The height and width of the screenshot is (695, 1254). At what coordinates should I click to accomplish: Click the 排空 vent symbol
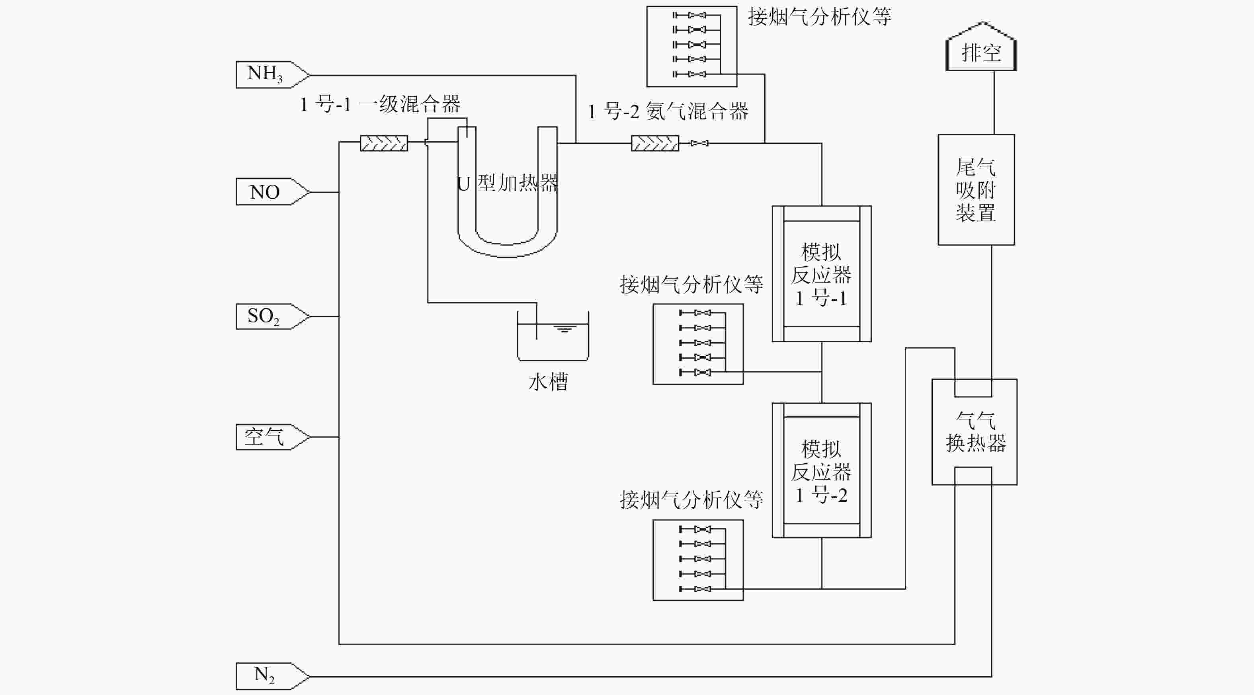(x=981, y=49)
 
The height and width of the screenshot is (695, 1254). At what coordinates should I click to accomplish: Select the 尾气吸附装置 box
(x=976, y=190)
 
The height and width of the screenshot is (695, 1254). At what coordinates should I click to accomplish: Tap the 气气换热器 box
(x=974, y=432)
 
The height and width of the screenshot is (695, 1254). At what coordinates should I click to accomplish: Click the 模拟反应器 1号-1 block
(x=821, y=274)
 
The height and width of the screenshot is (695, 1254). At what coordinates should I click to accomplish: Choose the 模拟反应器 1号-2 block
(x=821, y=470)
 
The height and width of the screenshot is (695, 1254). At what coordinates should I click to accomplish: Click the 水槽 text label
(x=548, y=382)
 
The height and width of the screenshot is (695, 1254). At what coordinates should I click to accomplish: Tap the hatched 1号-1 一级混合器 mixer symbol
(x=384, y=143)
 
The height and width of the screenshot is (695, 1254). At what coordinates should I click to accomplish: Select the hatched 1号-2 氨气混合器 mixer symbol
(x=655, y=143)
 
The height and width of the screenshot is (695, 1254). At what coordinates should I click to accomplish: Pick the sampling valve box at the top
(x=691, y=46)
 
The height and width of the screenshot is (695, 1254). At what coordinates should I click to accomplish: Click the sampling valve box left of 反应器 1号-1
(x=697, y=344)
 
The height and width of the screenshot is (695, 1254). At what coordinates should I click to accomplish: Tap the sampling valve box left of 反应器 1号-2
(x=697, y=560)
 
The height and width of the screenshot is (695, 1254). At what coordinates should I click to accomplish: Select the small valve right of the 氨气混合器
(x=699, y=143)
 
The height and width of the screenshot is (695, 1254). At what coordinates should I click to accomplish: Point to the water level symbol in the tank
(x=564, y=328)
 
